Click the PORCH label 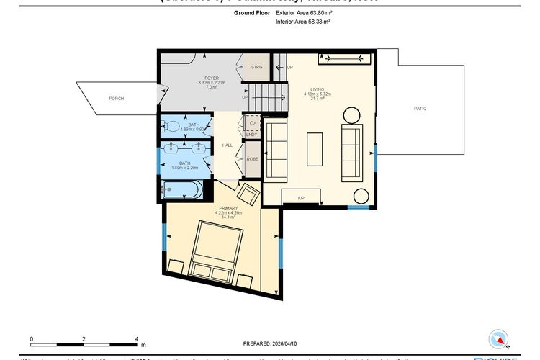116,98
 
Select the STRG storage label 256,67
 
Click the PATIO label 420,108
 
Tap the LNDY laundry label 251,134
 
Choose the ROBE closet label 252,158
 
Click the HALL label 228,145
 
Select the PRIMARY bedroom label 226,208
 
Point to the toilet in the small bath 171,126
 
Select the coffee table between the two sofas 315,150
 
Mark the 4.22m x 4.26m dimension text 226,212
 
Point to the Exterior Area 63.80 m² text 304,13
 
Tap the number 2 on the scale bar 84,338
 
